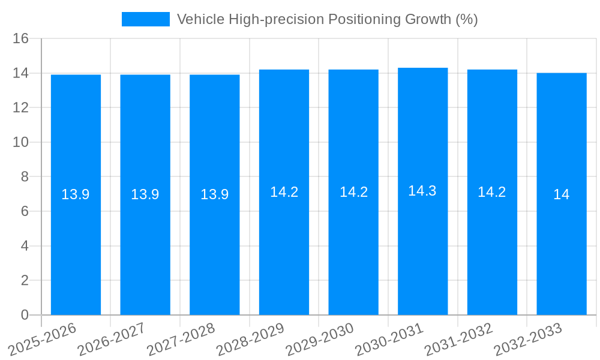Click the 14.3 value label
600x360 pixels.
point(422,191)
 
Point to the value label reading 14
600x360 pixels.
point(562,194)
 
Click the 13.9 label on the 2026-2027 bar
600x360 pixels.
point(145,194)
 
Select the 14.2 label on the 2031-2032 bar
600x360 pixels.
point(492,192)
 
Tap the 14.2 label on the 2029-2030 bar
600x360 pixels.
point(353,192)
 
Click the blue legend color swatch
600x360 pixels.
point(146,19)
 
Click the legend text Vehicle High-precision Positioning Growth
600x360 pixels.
point(327,19)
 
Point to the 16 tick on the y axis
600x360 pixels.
point(21,39)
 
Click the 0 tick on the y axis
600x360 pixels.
point(25,315)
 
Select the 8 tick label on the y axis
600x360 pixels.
point(25,177)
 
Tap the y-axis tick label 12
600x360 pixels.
point(21,108)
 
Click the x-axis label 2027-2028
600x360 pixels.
point(181,340)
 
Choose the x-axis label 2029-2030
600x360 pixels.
point(320,340)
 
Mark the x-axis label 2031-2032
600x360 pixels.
point(458,340)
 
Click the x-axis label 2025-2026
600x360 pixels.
point(43,340)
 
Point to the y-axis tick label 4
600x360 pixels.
point(25,246)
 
